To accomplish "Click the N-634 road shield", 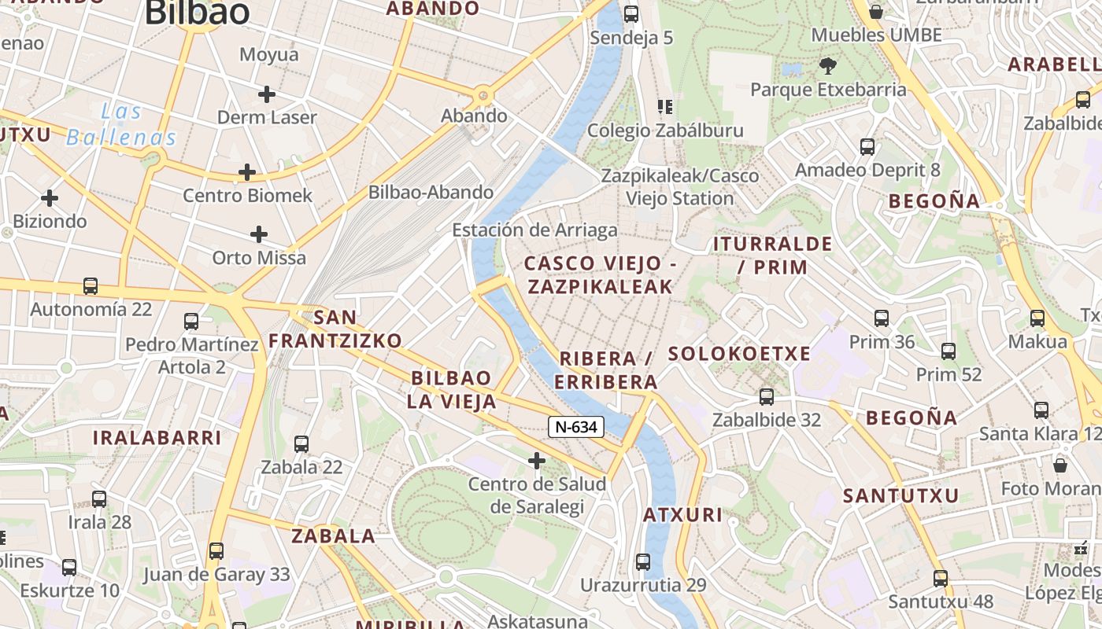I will coord(576,427).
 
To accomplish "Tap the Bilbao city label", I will coord(198,12).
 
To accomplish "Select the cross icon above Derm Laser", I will coord(267,94).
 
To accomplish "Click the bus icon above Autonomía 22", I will coord(91,286).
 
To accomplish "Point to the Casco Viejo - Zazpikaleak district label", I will coord(601,274).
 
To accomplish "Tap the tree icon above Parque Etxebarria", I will coord(827,65).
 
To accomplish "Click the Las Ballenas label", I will coord(121,124).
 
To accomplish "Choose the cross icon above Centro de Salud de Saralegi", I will coord(537,460).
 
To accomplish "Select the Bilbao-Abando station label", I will coord(431,192).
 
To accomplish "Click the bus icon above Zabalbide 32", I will coord(767,397).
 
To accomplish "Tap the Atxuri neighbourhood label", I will coord(682,515).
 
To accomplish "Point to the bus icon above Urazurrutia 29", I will coord(643,562).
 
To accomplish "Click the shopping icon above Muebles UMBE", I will coord(875,12).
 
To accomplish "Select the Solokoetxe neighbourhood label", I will coord(739,354).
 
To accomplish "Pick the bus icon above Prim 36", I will coord(882,318).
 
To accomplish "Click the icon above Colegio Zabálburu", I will coord(665,106).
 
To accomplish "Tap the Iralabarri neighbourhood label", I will coord(157,438).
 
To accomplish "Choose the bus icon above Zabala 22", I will coord(301,444).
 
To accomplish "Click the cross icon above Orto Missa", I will coord(259,234).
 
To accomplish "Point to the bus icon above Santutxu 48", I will coord(940,579).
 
